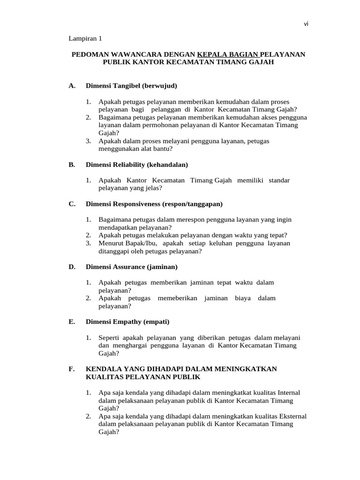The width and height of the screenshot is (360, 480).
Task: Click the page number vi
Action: tap(306, 25)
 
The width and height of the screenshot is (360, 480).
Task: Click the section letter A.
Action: tap(72, 86)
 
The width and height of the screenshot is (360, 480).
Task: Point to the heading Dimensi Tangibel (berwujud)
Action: tap(132, 86)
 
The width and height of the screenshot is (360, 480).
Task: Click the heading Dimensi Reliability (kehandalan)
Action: tap(137, 165)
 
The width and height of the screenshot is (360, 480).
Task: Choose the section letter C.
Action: tap(72, 204)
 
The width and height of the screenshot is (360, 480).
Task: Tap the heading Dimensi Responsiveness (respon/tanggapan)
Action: tap(154, 204)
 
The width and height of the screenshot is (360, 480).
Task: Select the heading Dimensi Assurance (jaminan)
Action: tap(132, 267)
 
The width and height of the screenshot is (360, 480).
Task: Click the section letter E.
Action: tap(72, 322)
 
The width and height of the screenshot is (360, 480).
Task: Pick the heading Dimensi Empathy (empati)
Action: tap(127, 322)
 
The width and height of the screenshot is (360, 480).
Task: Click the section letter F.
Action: tap(72, 369)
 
